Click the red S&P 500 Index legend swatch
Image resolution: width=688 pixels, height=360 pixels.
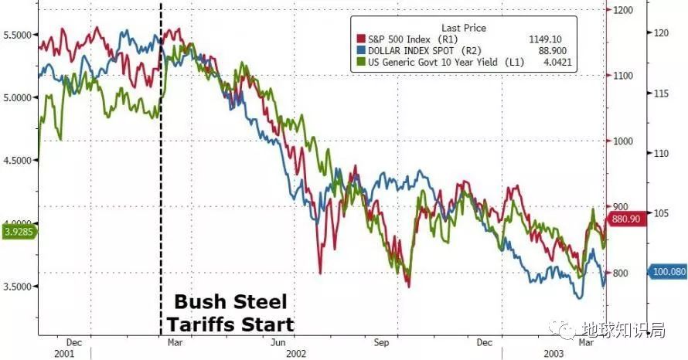[x=359, y=39]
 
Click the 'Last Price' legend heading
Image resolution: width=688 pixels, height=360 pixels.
[x=463, y=28]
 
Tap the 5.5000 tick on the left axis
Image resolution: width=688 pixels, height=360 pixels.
[x=18, y=35]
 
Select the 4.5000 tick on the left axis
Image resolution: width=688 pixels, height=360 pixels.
[x=18, y=161]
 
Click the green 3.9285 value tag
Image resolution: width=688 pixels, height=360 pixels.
[x=16, y=230]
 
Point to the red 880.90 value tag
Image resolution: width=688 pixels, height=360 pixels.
[x=627, y=219]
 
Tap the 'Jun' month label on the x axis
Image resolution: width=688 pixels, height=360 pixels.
[x=281, y=341]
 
